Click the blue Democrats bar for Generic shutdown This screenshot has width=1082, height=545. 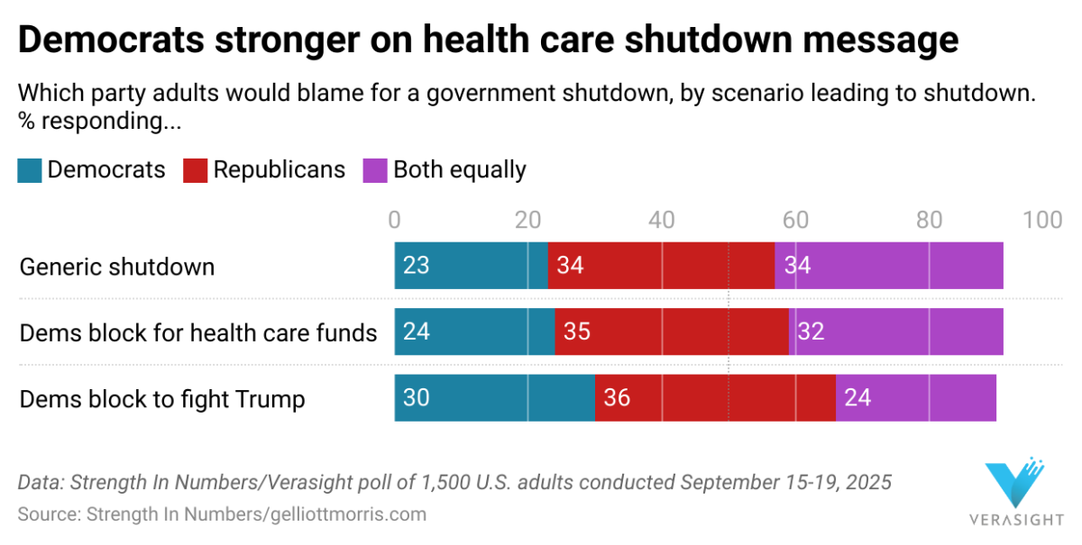pyautogui.click(x=471, y=266)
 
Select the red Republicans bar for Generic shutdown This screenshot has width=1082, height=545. pyautogui.click(x=661, y=266)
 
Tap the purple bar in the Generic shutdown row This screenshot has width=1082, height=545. pyautogui.click(x=888, y=266)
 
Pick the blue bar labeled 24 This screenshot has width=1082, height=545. pyautogui.click(x=474, y=332)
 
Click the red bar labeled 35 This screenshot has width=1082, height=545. pyautogui.click(x=672, y=332)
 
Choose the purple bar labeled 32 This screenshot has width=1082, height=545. pyautogui.click(x=896, y=332)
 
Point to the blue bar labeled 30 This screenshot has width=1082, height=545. pyautogui.click(x=494, y=397)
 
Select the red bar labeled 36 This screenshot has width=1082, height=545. pyautogui.click(x=715, y=397)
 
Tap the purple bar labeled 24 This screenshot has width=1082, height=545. pyautogui.click(x=915, y=397)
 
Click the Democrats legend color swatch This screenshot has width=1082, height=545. pyautogui.click(x=29, y=170)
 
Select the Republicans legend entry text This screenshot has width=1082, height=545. pyautogui.click(x=279, y=170)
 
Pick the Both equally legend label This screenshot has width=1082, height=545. pyautogui.click(x=459, y=170)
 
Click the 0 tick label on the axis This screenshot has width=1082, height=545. pyautogui.click(x=395, y=221)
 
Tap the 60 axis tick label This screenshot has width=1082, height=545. pyautogui.click(x=794, y=221)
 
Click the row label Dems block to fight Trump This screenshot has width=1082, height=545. pyautogui.click(x=162, y=399)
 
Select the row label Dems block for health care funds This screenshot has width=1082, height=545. pyautogui.click(x=198, y=333)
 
